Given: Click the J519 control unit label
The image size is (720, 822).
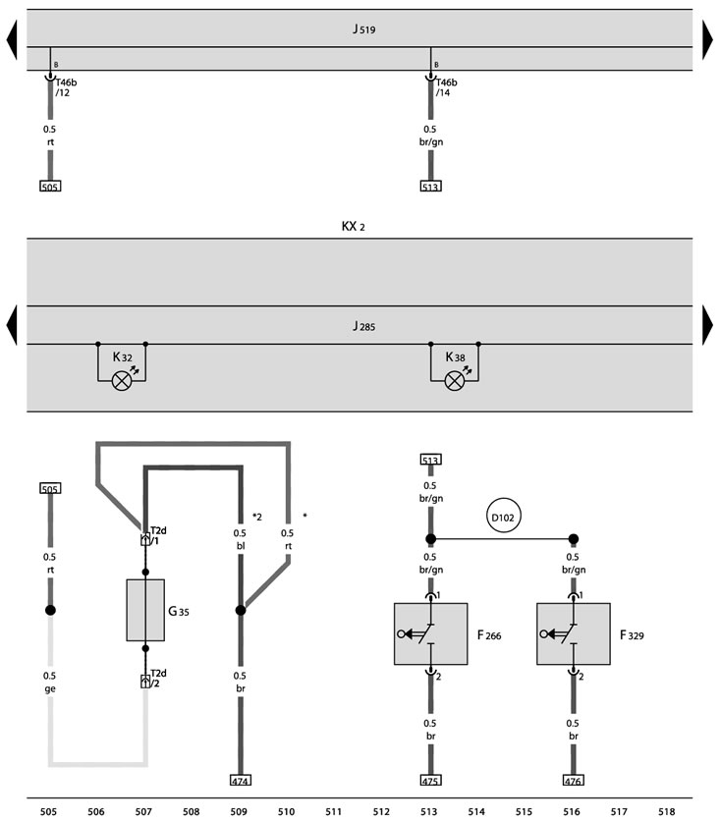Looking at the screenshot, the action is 364,28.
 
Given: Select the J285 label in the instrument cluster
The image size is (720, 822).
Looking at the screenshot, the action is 364,326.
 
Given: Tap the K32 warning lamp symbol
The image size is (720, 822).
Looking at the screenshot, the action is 122,381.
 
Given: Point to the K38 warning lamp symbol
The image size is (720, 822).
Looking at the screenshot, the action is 455,381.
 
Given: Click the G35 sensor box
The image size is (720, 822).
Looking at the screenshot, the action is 145,610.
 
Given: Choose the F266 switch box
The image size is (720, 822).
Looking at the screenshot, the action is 430,633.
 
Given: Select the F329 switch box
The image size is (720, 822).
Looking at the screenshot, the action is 574,633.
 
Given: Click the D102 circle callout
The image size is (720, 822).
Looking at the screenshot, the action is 503,518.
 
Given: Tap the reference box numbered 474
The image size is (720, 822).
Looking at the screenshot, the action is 241,781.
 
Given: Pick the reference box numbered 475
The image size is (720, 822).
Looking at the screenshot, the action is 430,781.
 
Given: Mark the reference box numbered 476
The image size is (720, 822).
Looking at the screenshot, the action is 574,781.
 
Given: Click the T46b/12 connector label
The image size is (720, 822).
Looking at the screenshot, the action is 66,87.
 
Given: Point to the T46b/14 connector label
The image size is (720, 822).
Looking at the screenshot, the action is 446,87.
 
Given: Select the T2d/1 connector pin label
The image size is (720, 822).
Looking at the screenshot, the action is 158,536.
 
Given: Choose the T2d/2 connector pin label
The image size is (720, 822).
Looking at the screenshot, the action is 158,679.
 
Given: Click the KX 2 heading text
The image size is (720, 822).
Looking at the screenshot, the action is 353,226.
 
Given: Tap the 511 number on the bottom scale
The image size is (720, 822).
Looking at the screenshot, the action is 334,811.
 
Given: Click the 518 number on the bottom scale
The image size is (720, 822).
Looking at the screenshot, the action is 667,811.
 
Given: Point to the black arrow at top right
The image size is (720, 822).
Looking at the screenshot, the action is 707,39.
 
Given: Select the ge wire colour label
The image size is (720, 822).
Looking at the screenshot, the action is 50,688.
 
